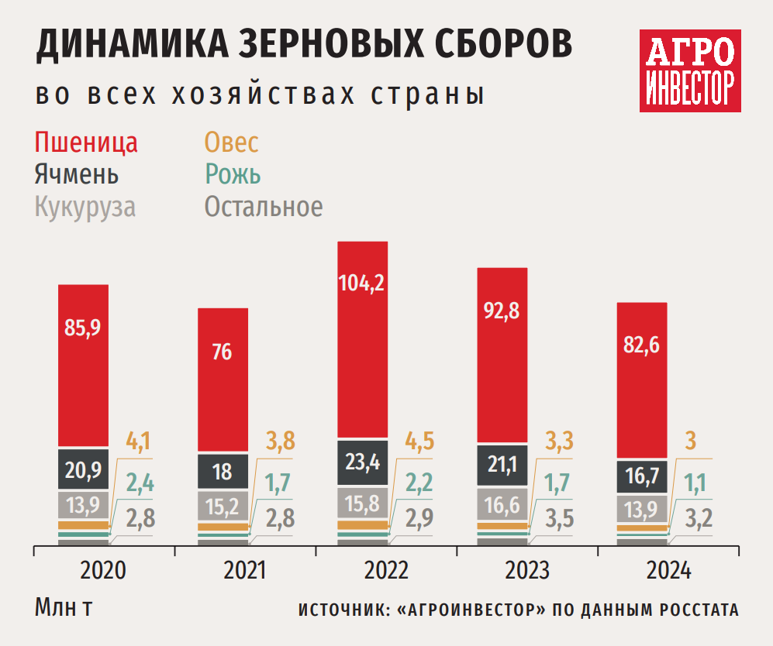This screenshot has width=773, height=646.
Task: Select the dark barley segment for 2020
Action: coord(83,468)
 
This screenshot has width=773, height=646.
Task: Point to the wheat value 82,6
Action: coord(641,346)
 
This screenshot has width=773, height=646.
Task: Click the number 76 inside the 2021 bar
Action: coord(223,352)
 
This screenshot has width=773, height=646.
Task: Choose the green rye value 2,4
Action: coord(140,485)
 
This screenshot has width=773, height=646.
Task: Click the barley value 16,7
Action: coord(641,476)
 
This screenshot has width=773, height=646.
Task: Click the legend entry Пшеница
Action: coord(86,143)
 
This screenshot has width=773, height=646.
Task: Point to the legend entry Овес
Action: coord(231,143)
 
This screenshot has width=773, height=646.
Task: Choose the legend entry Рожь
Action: coord(232,175)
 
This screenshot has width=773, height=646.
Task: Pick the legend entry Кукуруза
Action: coord(85,208)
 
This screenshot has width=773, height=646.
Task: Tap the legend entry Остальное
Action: coord(263,208)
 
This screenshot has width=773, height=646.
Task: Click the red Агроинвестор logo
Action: coord(689,70)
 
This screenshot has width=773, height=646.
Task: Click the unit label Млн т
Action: coord(64,607)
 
